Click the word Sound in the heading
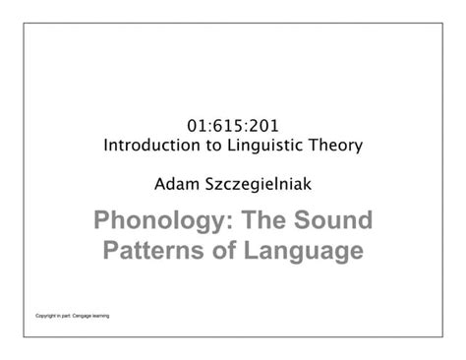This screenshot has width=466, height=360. coord(331,219)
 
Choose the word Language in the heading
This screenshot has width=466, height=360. coord(303,251)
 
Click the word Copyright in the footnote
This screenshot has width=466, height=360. coord(42,316)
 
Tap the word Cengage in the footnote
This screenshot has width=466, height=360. coord(80,316)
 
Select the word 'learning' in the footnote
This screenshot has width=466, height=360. coord(101,316)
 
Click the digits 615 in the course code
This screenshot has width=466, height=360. coord(232,127)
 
